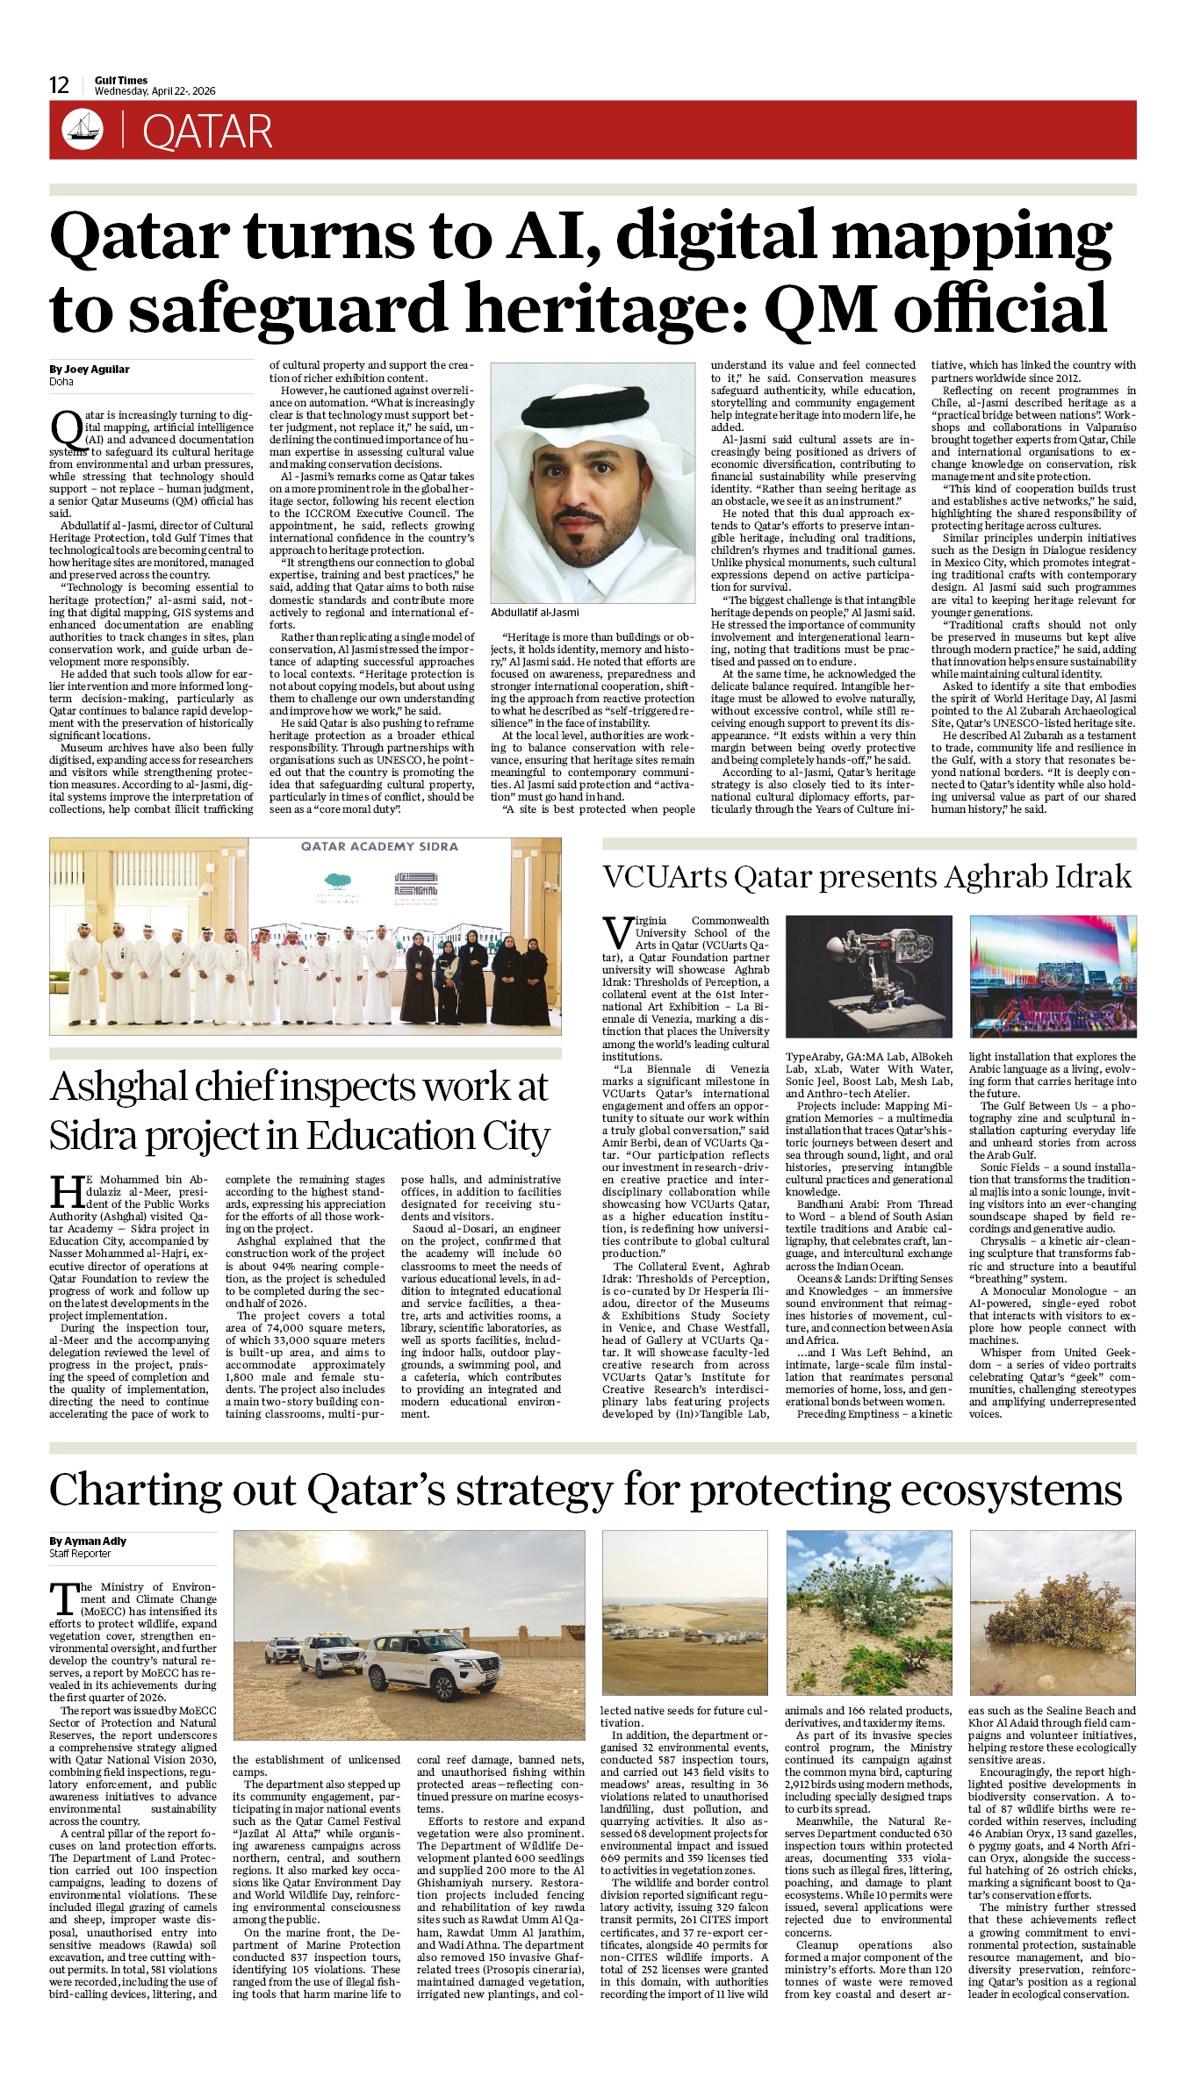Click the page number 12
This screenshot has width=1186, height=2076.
[59, 85]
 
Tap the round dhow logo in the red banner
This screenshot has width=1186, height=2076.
[83, 129]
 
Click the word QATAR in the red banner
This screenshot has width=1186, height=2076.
[207, 132]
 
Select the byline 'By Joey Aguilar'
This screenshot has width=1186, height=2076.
[90, 370]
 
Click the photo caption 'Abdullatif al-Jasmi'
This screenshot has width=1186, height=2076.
[535, 612]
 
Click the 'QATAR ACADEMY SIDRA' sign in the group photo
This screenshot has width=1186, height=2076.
[379, 846]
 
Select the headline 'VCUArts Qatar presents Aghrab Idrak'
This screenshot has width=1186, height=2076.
[866, 877]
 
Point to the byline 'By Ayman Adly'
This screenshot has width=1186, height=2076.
[88, 1541]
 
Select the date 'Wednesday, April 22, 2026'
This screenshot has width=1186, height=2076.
[155, 91]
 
